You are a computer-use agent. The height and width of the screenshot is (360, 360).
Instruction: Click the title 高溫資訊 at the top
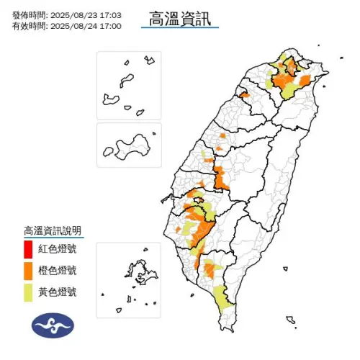(x=180, y=18)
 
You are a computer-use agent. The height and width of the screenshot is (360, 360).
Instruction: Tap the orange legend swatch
(x=28, y=271)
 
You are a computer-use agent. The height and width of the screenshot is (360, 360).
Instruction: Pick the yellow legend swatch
(x=28, y=292)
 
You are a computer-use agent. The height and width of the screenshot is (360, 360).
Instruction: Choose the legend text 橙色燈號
(x=58, y=271)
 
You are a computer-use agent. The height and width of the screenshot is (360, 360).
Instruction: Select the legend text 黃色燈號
(x=58, y=292)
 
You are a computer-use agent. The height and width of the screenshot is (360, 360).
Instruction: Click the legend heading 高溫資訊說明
(x=53, y=230)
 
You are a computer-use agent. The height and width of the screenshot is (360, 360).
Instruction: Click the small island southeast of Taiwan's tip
(x=289, y=320)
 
